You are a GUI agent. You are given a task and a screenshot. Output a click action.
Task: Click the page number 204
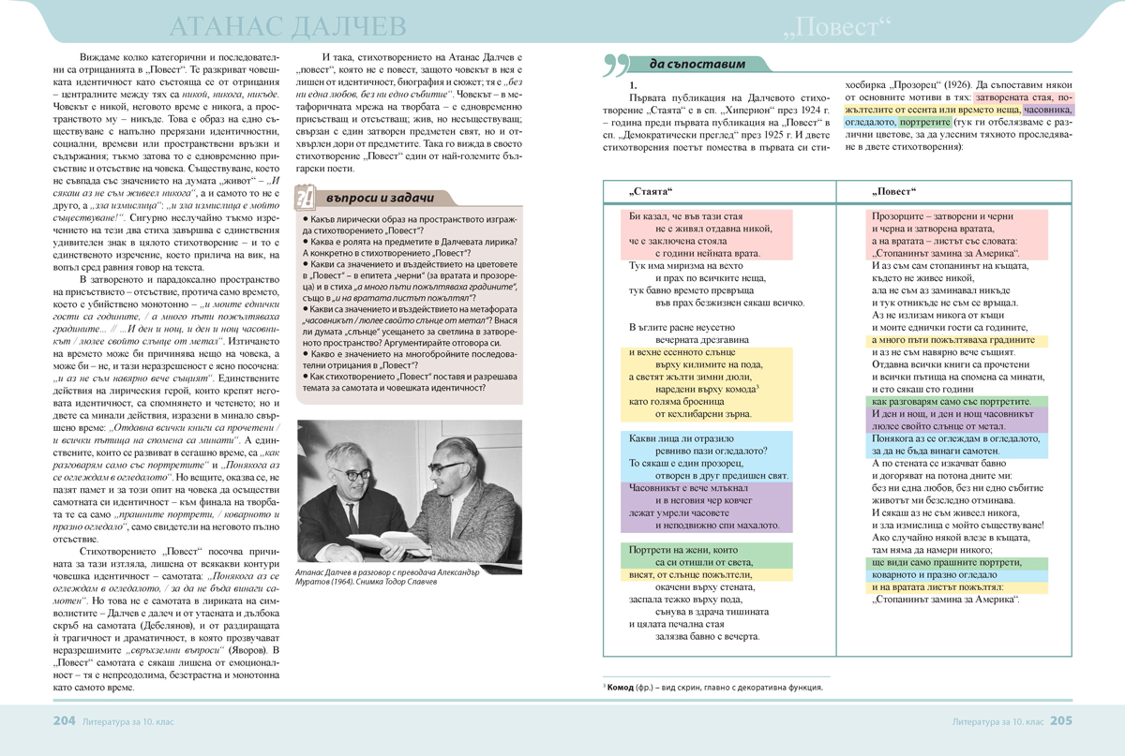pyautogui.click(x=63, y=721)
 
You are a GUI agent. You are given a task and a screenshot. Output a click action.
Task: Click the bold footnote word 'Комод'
pyautogui.click(x=623, y=687)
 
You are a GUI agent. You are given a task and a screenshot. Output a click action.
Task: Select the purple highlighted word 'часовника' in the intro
pyautogui.click(x=1051, y=109)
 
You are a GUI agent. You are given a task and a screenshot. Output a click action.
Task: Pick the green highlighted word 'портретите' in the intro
pyautogui.click(x=923, y=122)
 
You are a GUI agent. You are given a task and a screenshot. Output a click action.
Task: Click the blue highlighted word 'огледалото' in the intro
pyautogui.click(x=871, y=122)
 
